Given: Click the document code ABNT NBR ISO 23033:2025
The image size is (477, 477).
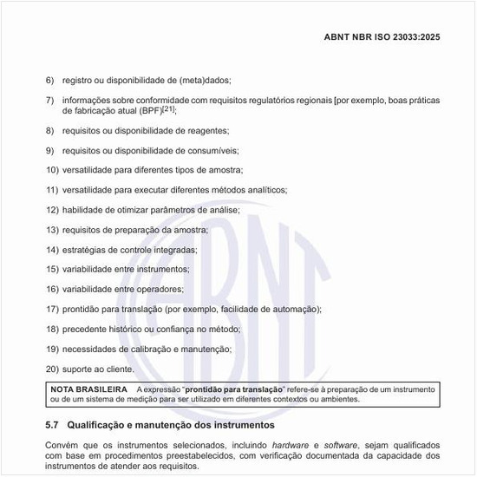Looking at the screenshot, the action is [399, 39].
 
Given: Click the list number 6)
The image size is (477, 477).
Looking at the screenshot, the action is [51, 80].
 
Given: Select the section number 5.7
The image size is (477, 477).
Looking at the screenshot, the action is [52, 426].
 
